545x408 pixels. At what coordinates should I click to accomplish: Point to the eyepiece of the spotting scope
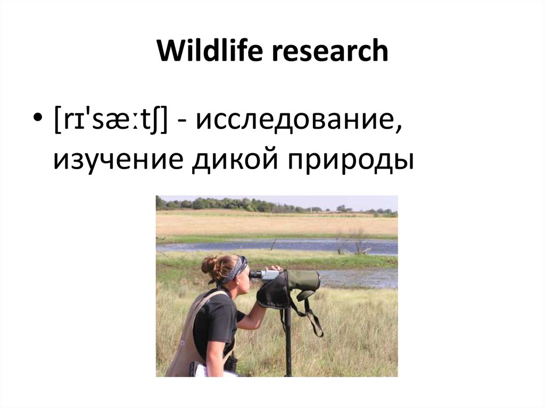[256, 274]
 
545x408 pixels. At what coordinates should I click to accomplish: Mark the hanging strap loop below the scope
[314, 322]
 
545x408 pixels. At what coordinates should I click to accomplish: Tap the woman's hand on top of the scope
[274, 268]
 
